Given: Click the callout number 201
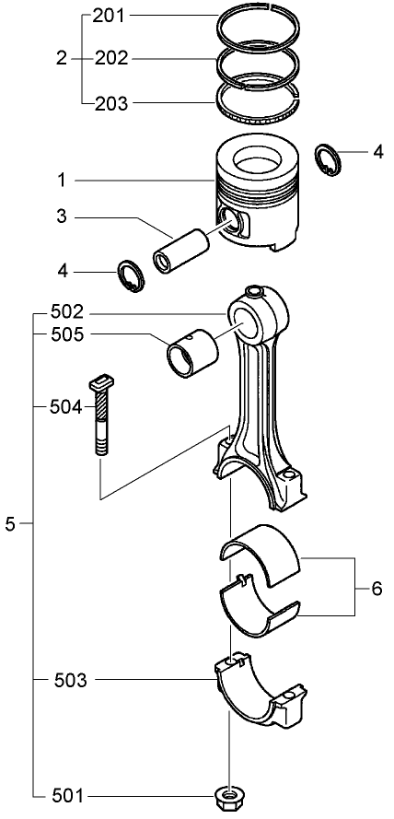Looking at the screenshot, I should click(x=111, y=17).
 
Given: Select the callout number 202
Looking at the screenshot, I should click(x=111, y=58).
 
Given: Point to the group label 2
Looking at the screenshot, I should click(x=62, y=58).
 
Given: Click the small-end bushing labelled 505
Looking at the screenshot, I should click(x=191, y=354).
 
